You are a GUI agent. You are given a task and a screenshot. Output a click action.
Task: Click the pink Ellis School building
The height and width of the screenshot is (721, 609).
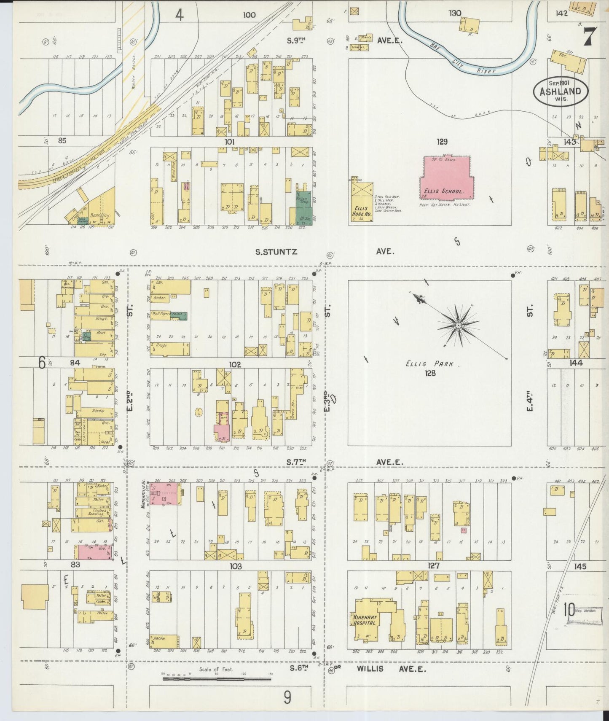445,177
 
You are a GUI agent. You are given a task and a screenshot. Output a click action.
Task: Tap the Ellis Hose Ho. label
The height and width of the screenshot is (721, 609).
362,211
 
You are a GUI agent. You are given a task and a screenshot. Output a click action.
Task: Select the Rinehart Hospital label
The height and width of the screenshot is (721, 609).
365,619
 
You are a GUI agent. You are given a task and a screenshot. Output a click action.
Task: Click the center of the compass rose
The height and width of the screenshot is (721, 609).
458,325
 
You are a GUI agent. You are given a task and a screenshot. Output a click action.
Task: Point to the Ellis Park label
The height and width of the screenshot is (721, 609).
429,364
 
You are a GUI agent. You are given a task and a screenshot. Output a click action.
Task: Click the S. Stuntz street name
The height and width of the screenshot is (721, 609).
276,252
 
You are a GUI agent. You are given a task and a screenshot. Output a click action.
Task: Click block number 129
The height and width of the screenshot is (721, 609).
442,142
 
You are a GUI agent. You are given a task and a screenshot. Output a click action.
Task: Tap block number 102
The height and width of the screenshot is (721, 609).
235,364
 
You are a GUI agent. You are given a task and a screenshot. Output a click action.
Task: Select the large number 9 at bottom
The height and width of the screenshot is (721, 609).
287,697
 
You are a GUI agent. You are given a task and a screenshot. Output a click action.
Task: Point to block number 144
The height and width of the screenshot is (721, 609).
576,363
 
